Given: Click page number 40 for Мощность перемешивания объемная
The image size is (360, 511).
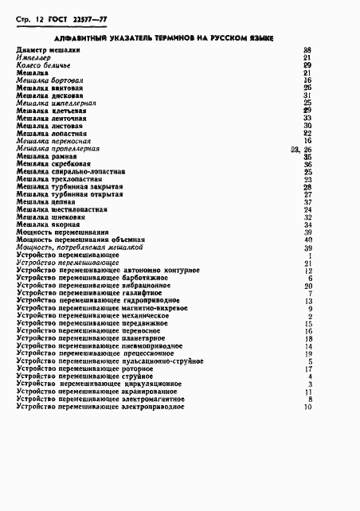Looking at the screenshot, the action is [307, 240].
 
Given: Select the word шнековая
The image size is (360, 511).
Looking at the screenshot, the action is [68, 217].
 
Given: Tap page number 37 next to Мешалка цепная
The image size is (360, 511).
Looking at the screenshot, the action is [307, 202].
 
